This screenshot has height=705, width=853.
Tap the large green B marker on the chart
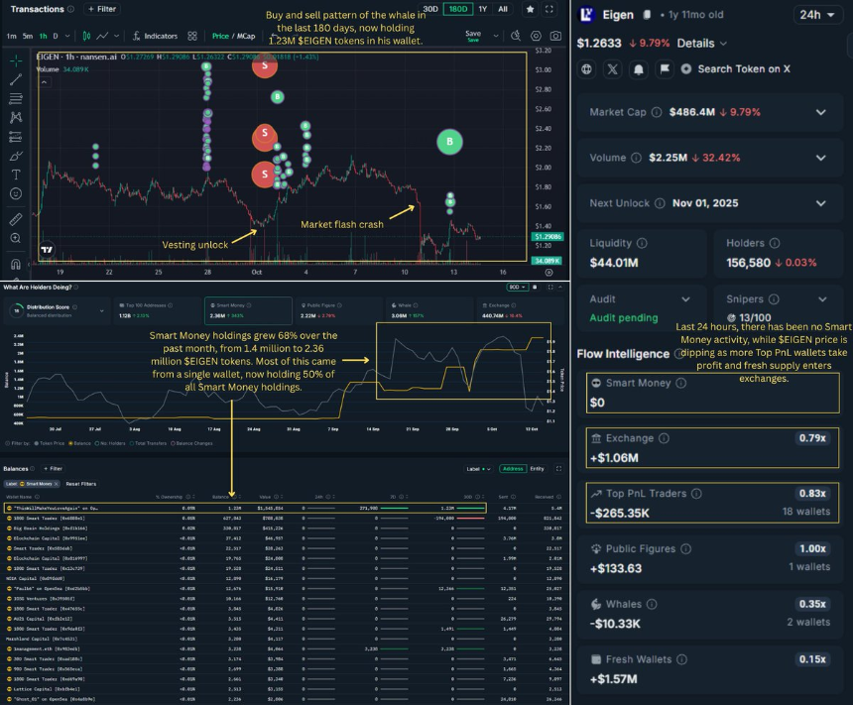[450, 142]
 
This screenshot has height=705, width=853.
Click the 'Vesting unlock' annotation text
[195, 244]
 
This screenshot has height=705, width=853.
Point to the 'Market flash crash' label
[342, 224]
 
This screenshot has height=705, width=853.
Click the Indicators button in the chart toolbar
[155, 36]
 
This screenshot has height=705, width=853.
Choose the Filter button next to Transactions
[101, 9]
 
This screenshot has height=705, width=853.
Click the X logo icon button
[611, 69]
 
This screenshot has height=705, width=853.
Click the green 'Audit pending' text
[624, 317]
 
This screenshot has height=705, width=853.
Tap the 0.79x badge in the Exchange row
[810, 437]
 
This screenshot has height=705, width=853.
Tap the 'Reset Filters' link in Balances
[80, 484]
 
